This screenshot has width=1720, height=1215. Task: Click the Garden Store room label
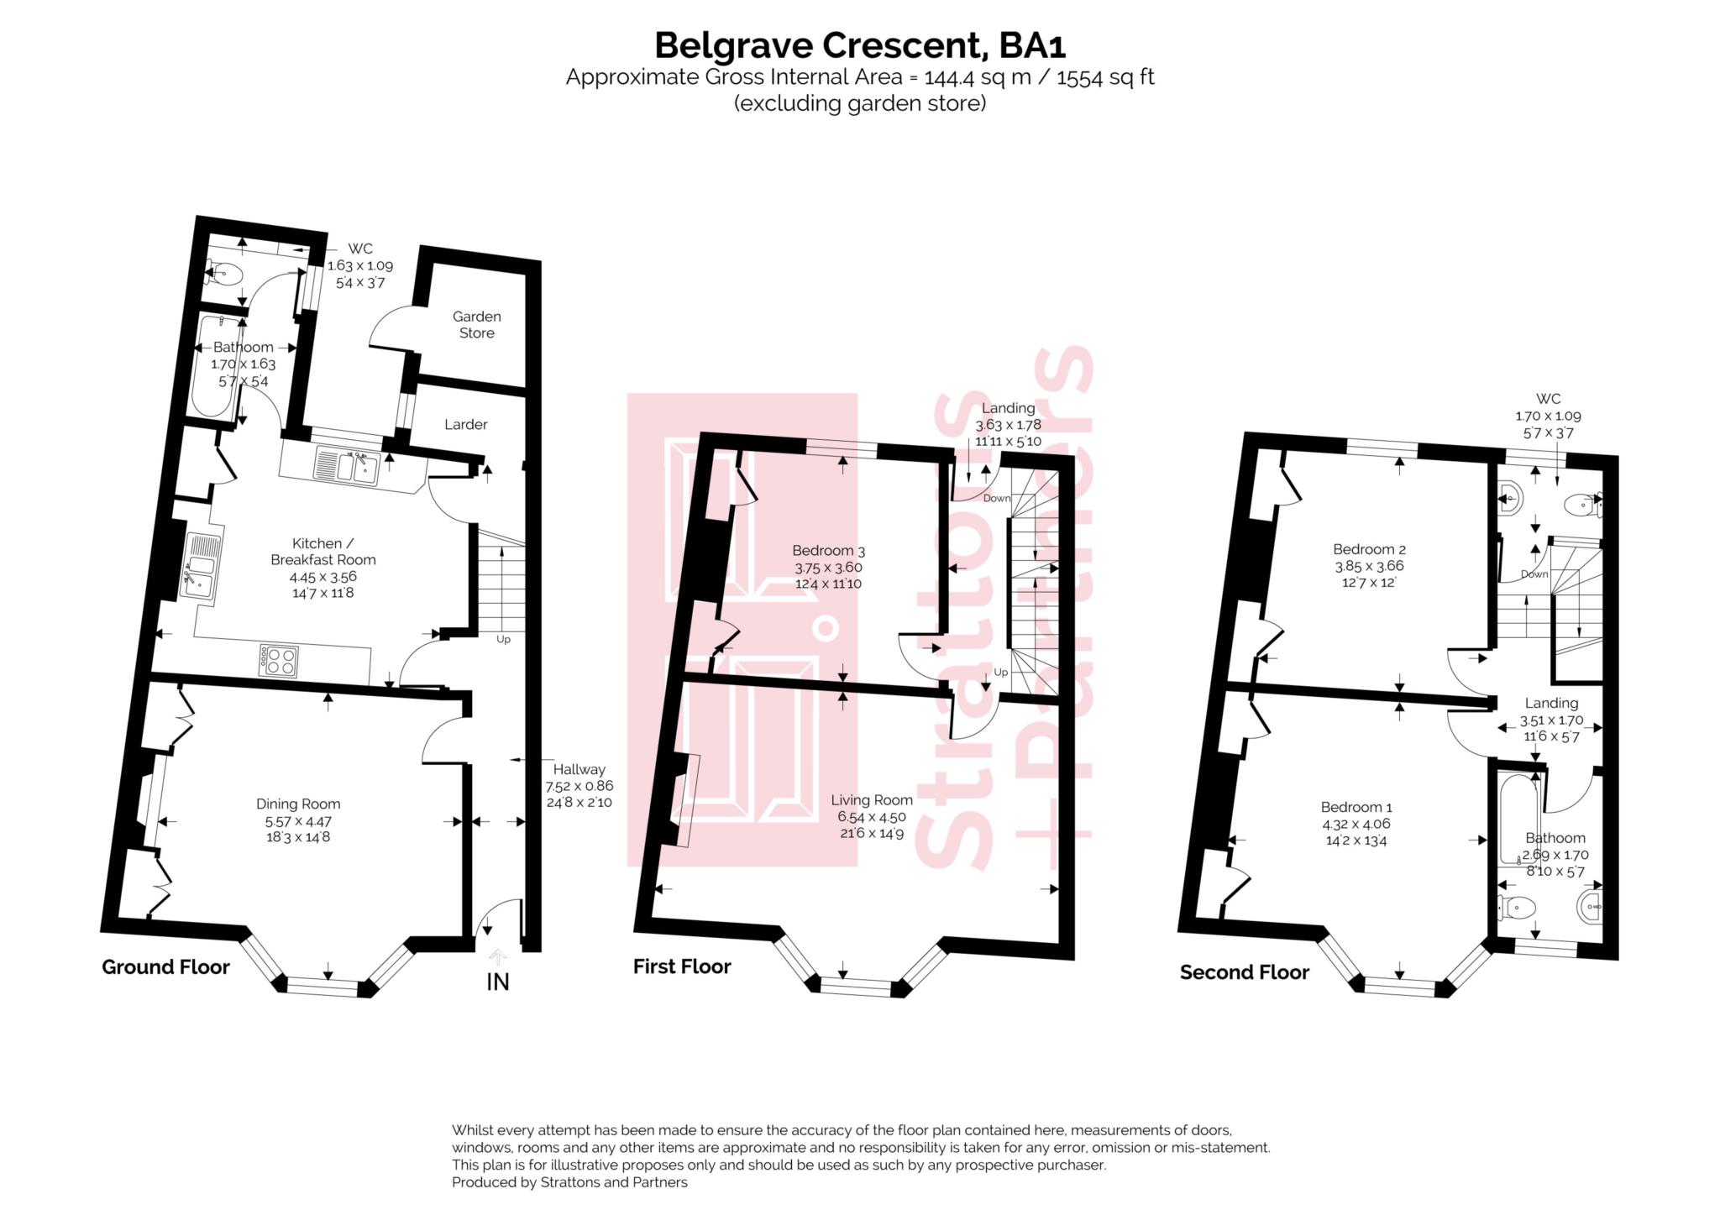[x=476, y=325]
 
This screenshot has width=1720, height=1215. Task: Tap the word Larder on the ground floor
[x=465, y=425]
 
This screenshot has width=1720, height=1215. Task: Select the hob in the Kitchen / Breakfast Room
[x=279, y=660]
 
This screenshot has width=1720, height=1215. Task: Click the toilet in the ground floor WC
[x=225, y=274]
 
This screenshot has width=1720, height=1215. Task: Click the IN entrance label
[x=497, y=982]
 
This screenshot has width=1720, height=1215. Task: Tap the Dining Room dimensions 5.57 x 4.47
[x=298, y=821]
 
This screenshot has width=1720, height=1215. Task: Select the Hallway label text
[x=579, y=769]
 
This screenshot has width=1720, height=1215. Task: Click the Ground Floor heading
[x=165, y=967]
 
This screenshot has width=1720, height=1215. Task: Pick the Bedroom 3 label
[x=828, y=551]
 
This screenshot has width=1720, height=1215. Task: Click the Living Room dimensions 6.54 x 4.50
[x=871, y=817]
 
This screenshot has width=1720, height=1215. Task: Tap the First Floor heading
[x=681, y=966]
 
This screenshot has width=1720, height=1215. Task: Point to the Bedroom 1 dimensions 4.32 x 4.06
[x=1356, y=825]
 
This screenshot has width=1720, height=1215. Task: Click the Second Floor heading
[x=1244, y=972]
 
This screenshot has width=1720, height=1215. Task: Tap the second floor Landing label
[x=1551, y=704]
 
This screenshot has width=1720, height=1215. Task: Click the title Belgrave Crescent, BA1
[x=859, y=45]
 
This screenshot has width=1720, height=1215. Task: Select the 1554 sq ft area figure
[x=1105, y=78]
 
